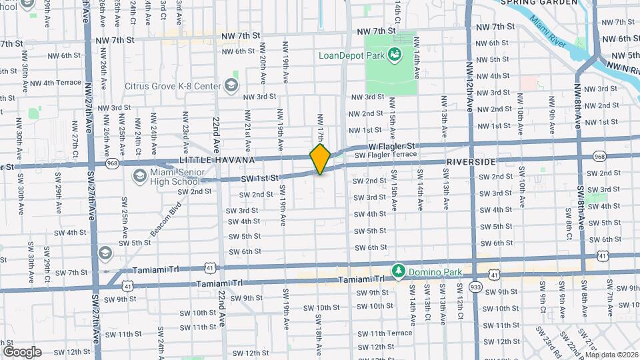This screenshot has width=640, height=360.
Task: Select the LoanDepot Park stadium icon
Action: [395, 55]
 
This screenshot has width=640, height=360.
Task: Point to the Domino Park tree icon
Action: [398, 271]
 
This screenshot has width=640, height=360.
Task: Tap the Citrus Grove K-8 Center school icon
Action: [231, 85]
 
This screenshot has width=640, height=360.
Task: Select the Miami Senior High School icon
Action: [139, 175]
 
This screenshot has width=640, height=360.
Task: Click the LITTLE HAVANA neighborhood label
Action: [217, 161]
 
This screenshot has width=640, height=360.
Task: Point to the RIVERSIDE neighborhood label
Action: [471, 162]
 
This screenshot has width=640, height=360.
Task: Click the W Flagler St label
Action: [392, 145]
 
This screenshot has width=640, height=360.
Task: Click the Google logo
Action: [22, 351]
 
